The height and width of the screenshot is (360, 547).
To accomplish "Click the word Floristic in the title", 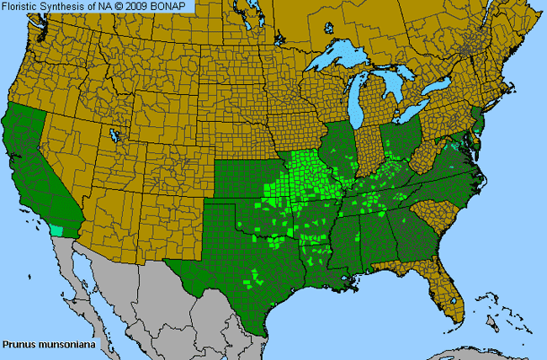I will (x=21, y=6).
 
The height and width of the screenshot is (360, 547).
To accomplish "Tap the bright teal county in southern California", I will (x=57, y=229).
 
